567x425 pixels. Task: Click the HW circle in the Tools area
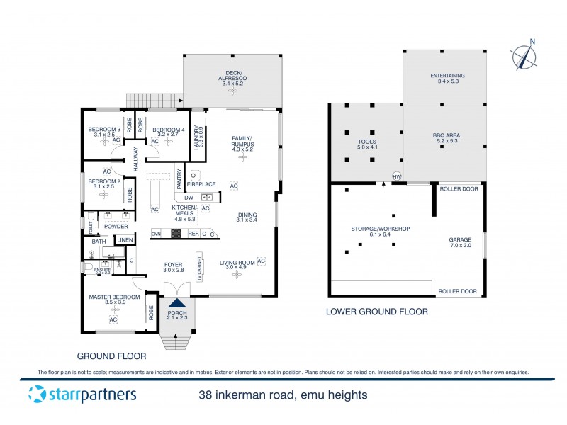pos(396,176)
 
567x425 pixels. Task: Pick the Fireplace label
pos(201,184)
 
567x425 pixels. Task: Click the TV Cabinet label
pos(200,268)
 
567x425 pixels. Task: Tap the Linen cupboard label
pos(125,241)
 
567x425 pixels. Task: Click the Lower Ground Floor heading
pos(376,312)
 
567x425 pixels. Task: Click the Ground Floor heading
pos(111,356)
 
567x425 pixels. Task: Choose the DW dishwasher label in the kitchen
pos(189,197)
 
